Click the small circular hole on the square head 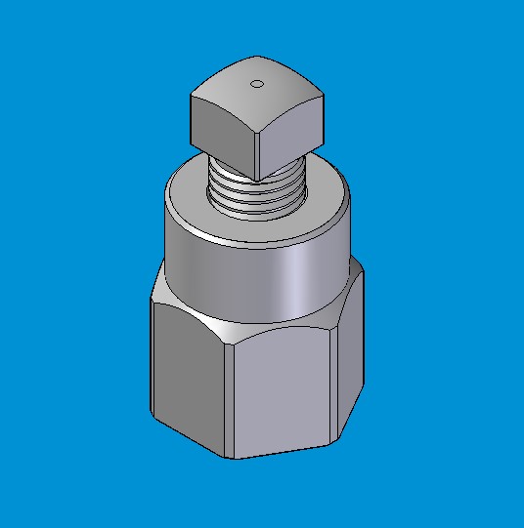(257, 83)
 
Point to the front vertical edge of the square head (256, 146)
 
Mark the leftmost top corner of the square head (192, 95)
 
